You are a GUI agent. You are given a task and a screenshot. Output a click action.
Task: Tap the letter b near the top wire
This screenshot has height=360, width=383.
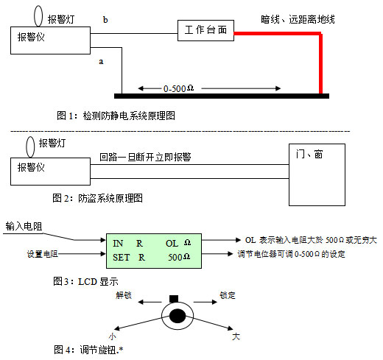(105, 20)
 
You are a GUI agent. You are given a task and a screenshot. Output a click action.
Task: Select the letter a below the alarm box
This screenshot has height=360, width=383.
(101, 61)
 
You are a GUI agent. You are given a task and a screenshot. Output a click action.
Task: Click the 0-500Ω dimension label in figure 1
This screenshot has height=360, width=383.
(178, 88)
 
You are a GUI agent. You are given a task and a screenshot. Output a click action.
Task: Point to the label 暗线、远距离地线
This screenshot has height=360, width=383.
(298, 19)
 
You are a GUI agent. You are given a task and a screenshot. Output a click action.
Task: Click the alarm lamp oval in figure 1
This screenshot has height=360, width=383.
(34, 16)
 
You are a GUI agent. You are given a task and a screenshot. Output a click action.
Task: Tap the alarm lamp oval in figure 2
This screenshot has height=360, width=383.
(27, 147)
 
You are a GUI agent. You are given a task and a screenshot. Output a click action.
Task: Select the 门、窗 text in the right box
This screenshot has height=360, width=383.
(309, 154)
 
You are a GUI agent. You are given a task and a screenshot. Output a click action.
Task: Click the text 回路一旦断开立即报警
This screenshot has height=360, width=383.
(145, 157)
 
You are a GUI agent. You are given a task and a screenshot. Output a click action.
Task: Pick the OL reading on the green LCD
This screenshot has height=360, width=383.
(172, 244)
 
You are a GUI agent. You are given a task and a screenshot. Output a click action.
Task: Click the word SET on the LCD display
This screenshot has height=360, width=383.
(122, 258)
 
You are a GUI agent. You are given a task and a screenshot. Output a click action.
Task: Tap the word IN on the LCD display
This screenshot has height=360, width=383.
(118, 244)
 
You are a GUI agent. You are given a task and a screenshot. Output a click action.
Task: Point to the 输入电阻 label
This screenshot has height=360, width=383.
(24, 226)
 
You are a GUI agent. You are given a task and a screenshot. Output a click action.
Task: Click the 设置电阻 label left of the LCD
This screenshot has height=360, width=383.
(43, 254)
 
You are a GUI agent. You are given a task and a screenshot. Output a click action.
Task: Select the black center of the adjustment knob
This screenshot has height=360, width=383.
(178, 316)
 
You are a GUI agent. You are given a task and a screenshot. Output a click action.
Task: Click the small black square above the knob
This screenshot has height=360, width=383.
(174, 299)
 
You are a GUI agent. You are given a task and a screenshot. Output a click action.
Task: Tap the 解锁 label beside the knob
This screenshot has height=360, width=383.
(124, 295)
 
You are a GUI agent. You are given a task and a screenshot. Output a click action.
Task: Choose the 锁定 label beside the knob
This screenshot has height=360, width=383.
(228, 295)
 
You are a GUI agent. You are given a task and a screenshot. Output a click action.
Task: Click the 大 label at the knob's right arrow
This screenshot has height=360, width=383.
(236, 336)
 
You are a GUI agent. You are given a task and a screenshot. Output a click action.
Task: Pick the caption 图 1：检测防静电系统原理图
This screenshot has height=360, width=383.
(116, 116)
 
